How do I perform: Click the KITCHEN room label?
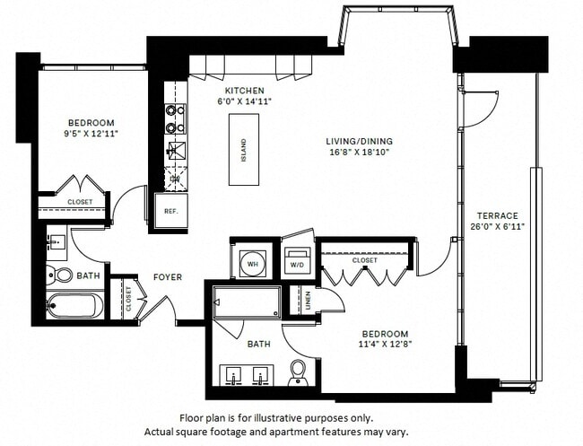coord(244,91)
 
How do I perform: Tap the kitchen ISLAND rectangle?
coord(243,150)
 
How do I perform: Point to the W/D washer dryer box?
coord(296,264)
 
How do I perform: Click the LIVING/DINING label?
coord(359,141)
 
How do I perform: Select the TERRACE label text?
coord(498,215)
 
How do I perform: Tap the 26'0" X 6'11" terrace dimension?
coord(498,226)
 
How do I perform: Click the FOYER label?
coord(168,277)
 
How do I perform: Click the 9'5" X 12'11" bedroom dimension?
coord(91,134)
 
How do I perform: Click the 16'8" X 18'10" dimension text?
coord(359,153)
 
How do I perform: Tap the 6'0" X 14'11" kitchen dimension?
coord(244,101)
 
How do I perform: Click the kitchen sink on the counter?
coord(175,150)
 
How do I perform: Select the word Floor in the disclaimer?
coord(195,418)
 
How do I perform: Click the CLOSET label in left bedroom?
coord(80,203)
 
